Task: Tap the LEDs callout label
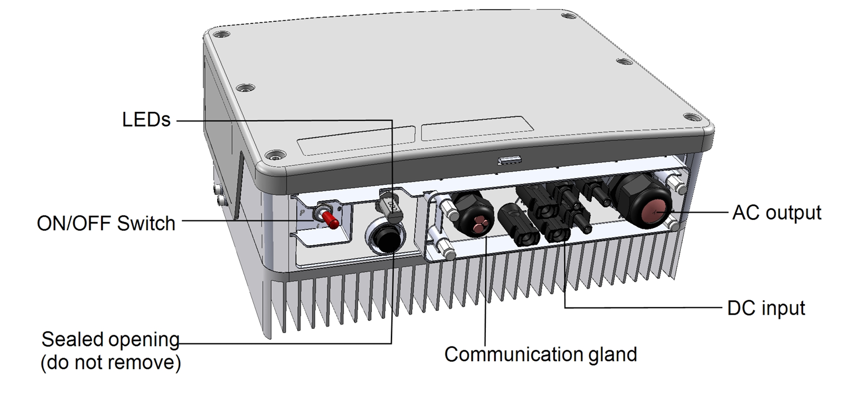point(146,120)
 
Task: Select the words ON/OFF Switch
point(106,224)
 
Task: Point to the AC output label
point(776,212)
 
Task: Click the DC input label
point(766,308)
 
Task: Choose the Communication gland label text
point(540,354)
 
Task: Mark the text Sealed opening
point(110,340)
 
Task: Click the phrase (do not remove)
point(111,363)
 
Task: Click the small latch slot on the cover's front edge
point(509,159)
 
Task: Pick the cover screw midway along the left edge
point(244,88)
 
